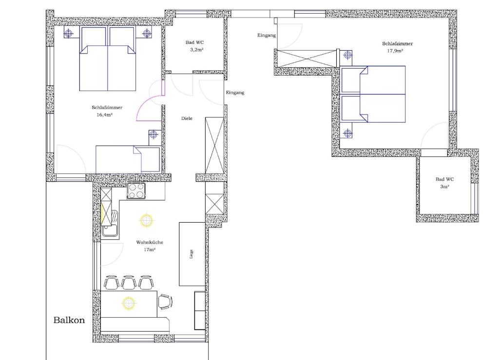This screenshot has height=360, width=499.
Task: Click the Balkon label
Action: tap(69, 320)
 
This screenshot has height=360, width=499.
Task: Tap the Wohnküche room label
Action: tap(150, 242)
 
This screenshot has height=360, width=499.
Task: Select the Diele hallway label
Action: tap(187, 118)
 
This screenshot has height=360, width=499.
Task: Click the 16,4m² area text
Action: tap(105, 115)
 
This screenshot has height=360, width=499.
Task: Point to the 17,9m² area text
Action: tap(395, 51)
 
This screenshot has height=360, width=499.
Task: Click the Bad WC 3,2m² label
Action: tap(195, 46)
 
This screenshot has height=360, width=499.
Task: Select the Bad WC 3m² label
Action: tap(444, 183)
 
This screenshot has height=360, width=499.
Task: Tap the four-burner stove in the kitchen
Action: tap(136, 191)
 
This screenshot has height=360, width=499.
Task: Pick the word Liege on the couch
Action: tap(191, 254)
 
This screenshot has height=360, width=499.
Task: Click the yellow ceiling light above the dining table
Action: tap(129, 303)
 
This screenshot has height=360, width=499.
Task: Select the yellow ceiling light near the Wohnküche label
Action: tap(146, 220)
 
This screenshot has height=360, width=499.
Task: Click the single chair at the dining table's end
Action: tap(165, 302)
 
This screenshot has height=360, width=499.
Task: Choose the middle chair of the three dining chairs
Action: tap(129, 283)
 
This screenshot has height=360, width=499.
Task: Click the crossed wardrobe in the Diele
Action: tap(214, 145)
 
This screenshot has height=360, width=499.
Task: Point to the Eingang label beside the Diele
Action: tap(235, 93)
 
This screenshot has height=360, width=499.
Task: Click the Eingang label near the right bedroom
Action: tap(267, 35)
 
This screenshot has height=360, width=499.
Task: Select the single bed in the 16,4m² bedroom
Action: tap(128, 159)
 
